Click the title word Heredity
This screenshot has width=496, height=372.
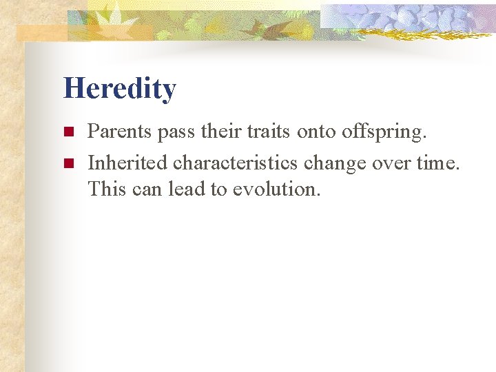point(119,89)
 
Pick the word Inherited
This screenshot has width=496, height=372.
point(128,163)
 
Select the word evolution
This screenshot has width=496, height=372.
point(276,189)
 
